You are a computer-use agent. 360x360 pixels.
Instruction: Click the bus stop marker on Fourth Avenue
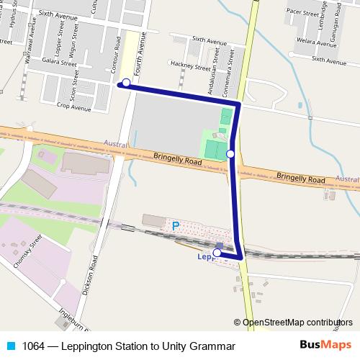tap(126, 83)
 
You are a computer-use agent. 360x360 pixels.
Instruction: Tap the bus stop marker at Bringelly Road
tap(230, 153)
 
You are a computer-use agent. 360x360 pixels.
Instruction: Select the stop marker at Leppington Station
tap(217, 253)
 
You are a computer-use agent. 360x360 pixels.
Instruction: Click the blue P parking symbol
tap(175, 225)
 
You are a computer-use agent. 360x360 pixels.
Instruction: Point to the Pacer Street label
tap(302, 12)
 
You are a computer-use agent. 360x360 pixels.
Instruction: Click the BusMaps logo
tap(325, 346)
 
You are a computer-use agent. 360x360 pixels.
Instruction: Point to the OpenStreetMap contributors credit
tap(297, 323)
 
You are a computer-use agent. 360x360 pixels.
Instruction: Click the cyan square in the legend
tap(10, 346)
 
